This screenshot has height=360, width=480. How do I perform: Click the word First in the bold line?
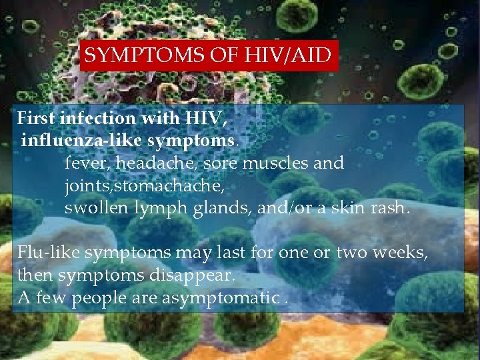[x=36, y=119]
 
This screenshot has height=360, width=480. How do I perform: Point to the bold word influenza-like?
[x=81, y=141]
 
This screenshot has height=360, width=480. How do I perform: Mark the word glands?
[x=213, y=208]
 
